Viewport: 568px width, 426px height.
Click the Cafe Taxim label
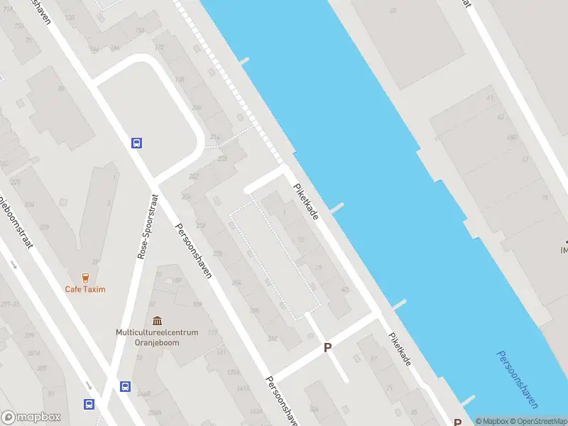pyautogui.click(x=85, y=289)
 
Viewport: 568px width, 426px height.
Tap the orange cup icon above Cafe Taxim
pyautogui.click(x=85, y=278)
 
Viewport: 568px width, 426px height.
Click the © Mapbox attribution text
pyautogui.click(x=491, y=422)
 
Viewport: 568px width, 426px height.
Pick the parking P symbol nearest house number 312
pyautogui.click(x=327, y=347)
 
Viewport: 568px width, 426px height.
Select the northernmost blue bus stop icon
pyautogui.click(x=136, y=143)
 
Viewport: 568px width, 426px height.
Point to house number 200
pyautogui.click(x=196, y=108)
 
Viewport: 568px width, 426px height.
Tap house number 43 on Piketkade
pyautogui.click(x=345, y=290)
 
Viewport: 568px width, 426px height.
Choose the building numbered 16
pyautogui.click(x=301, y=241)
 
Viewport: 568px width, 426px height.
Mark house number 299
pyautogui.click(x=29, y=335)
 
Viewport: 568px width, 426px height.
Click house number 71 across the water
pyautogui.click(x=545, y=198)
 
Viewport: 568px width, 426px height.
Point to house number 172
pyautogui.click(x=159, y=48)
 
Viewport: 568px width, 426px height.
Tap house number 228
pyautogui.click(x=222, y=159)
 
